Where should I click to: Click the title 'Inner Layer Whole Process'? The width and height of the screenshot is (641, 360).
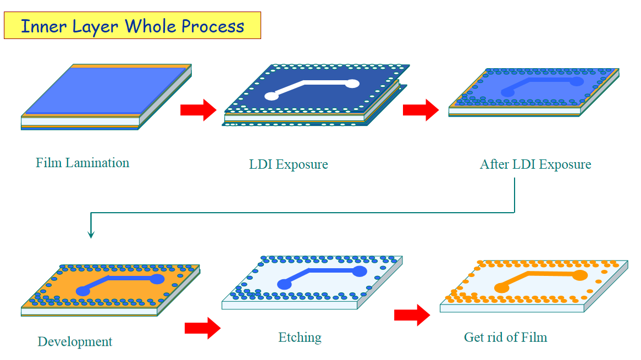[x=132, y=26]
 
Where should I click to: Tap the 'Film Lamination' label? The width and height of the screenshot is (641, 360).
[x=82, y=163]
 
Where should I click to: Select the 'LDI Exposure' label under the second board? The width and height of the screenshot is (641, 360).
[x=289, y=164]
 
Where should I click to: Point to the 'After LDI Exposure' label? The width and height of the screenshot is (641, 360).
[x=535, y=164]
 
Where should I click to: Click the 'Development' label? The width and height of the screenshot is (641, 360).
[x=75, y=342]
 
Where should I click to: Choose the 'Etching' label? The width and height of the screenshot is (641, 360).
[x=300, y=337]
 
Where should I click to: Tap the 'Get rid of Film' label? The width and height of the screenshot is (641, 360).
[x=505, y=337]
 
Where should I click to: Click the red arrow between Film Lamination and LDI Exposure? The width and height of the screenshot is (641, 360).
[x=198, y=110]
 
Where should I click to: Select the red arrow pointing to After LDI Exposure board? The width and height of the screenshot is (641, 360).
[x=421, y=110]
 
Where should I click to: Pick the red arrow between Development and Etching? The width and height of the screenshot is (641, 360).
[x=202, y=328]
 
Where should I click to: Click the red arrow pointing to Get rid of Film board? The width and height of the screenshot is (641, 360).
[x=412, y=315]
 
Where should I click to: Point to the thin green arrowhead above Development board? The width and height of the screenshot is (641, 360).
[x=91, y=234]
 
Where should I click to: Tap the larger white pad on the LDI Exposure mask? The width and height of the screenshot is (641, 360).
[x=352, y=84]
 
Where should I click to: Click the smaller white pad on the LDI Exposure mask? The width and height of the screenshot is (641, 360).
[x=272, y=96]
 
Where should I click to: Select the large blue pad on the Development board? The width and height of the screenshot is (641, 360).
[x=157, y=279]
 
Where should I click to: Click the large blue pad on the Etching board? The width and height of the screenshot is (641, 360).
[x=360, y=272]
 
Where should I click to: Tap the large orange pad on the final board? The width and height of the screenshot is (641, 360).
[x=579, y=275]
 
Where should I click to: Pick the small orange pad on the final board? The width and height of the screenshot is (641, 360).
[x=501, y=288]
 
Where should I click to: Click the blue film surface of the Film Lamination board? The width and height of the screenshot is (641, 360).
[x=106, y=90]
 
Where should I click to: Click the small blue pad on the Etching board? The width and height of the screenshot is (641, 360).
[x=284, y=284]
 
